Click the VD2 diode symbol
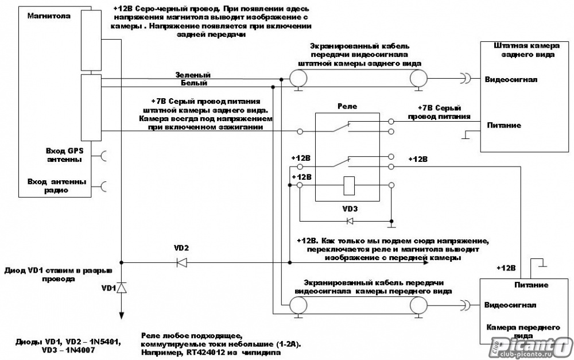[182, 262]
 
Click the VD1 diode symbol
[122, 288]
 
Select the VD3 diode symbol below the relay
[350, 221]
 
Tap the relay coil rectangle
[349, 185]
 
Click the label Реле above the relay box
[347, 107]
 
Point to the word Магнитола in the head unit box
[49, 16]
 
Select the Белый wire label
[194, 83]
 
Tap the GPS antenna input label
[64, 155]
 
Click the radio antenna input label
[57, 186]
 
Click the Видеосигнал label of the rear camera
[511, 79]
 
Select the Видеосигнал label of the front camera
[510, 305]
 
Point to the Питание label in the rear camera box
[504, 125]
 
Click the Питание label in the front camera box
[531, 285]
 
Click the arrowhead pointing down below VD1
[122, 316]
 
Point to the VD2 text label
[181, 248]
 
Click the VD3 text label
[350, 209]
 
